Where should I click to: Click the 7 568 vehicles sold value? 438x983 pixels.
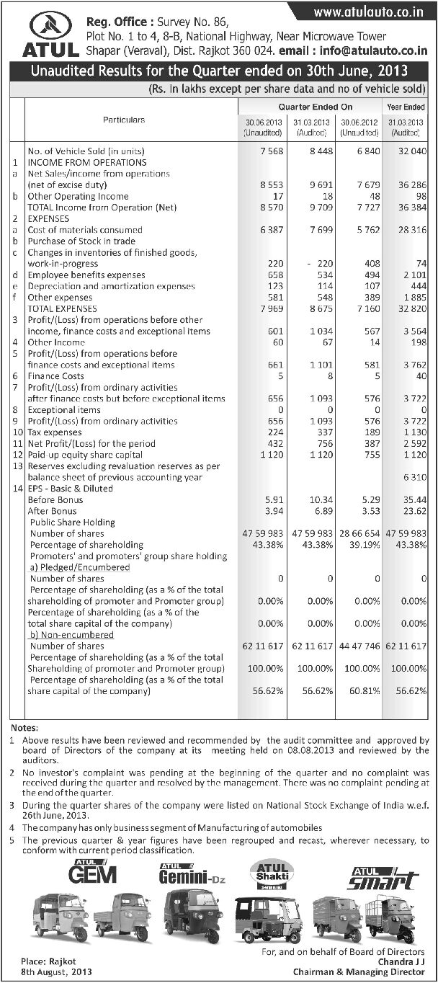coord(256,151)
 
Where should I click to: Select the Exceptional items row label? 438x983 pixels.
coord(63,410)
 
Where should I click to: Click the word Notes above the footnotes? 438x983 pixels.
coord(24,728)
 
